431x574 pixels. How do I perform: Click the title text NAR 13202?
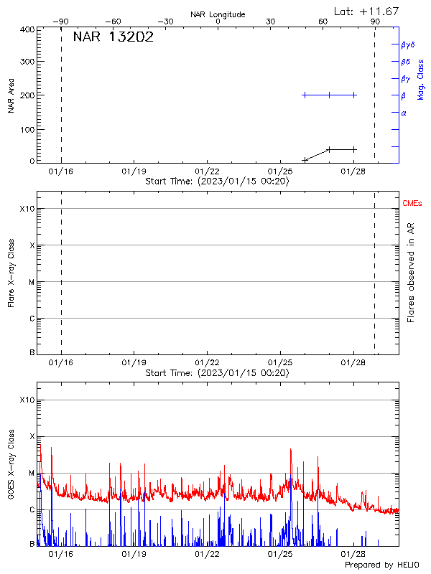pos(113,38)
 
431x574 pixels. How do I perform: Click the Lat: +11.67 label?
pos(367,11)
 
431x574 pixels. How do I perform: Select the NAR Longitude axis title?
pos(218,14)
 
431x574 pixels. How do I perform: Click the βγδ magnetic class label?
pos(407,44)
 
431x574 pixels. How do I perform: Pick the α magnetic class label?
pos(404,113)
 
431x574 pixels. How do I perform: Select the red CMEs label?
pos(412,204)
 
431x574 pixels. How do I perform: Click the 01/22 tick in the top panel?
pos(207,171)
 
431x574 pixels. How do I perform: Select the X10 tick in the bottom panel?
pos(27,400)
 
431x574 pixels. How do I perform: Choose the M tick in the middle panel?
pos(32,282)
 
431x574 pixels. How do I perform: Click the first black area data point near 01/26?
pos(305,159)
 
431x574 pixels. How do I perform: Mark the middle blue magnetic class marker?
pos(329,95)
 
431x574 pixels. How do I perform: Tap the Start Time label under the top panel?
pos(217,182)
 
